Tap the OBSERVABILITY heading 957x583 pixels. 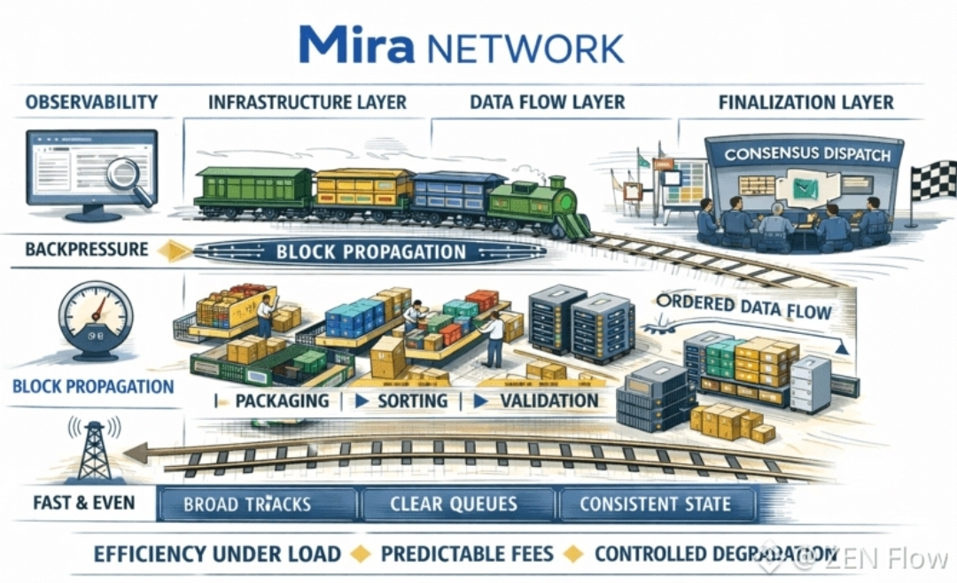point(91,102)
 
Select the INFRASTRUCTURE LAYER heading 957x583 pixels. point(307,102)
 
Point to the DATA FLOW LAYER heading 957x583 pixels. point(547,102)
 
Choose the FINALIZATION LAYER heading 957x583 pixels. point(805,102)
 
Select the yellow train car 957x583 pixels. point(364,191)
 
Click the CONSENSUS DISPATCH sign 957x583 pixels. point(807,153)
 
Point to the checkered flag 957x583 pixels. point(934,181)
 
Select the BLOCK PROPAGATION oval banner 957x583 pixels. point(370,252)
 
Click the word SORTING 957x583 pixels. point(412,400)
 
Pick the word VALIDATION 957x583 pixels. point(549,400)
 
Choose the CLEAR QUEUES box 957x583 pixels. point(453,505)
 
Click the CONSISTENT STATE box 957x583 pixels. point(655,505)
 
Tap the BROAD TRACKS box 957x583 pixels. point(247,505)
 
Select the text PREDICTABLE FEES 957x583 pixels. point(467,555)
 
